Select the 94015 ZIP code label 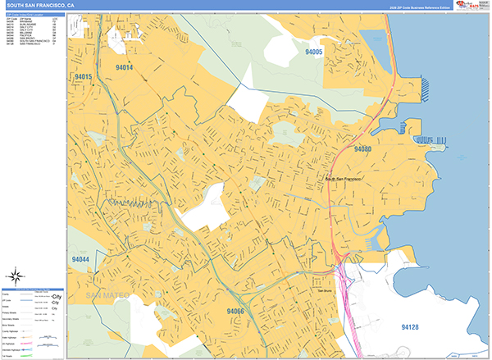pos(82,76)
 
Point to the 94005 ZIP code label pos(314,52)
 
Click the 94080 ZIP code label pos(362,149)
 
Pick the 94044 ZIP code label pos(80,260)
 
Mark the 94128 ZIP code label pos(410,327)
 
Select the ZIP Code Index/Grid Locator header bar pos(34,15)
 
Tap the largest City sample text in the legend pos(57,295)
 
